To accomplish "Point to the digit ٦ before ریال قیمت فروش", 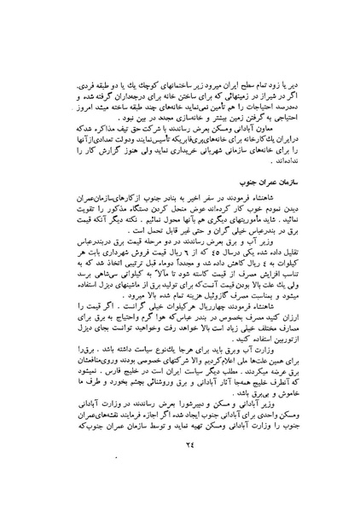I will click(157, 276).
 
